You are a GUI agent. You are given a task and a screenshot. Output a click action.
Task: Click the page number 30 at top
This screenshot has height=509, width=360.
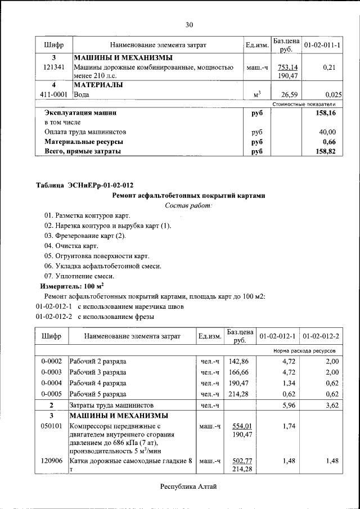pyautogui.click(x=189, y=24)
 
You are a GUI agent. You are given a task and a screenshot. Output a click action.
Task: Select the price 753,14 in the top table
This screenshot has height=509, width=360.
pyautogui.click(x=287, y=67)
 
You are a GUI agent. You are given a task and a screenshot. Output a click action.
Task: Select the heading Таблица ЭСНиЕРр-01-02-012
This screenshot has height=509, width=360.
pyautogui.click(x=85, y=186)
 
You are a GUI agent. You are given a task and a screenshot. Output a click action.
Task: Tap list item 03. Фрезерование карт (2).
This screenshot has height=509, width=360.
pyautogui.click(x=85, y=236)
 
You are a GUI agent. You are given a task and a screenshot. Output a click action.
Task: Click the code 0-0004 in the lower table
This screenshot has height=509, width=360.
pyautogui.click(x=51, y=383)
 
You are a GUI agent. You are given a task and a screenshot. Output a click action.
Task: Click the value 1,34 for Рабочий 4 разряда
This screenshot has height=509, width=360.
pyautogui.click(x=287, y=383)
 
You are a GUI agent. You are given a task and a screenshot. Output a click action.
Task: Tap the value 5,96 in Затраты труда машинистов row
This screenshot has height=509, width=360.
pyautogui.click(x=287, y=405)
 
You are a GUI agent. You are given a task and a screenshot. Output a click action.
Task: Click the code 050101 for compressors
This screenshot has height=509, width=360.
pyautogui.click(x=51, y=426)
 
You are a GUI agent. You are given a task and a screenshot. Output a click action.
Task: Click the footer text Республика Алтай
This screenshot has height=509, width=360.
pyautogui.click(x=188, y=487)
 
